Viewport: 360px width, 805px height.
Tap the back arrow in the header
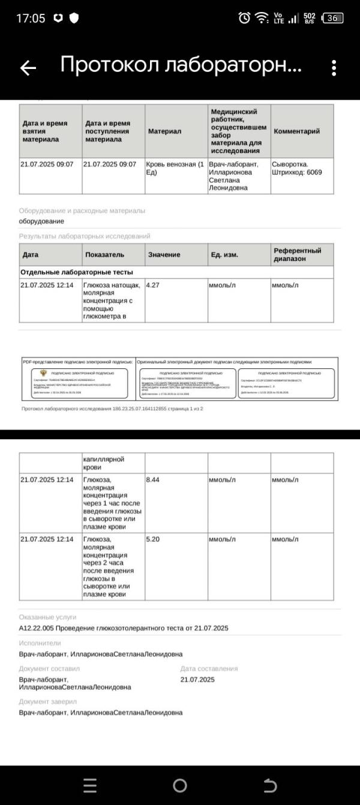tap(28, 68)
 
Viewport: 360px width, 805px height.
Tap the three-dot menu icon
tap(334, 68)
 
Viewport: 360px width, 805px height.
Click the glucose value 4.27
tap(153, 285)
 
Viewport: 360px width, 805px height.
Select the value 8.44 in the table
tap(153, 480)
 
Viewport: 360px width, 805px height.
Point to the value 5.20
tap(153, 539)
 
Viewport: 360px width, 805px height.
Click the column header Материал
tap(164, 131)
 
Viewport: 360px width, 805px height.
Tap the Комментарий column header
tap(296, 131)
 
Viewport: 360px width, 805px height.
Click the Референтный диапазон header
tap(297, 254)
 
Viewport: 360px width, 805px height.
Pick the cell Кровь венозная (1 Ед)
tap(175, 168)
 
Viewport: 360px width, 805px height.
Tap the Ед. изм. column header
tap(224, 254)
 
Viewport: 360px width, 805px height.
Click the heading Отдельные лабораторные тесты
tap(76, 272)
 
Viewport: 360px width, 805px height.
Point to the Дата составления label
tap(209, 668)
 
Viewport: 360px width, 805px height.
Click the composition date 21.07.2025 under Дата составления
tap(197, 680)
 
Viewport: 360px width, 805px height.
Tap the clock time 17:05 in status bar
tap(31, 19)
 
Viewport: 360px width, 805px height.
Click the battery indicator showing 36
tap(332, 19)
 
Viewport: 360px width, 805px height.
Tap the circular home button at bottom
tap(179, 785)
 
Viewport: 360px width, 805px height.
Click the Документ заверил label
tap(48, 701)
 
